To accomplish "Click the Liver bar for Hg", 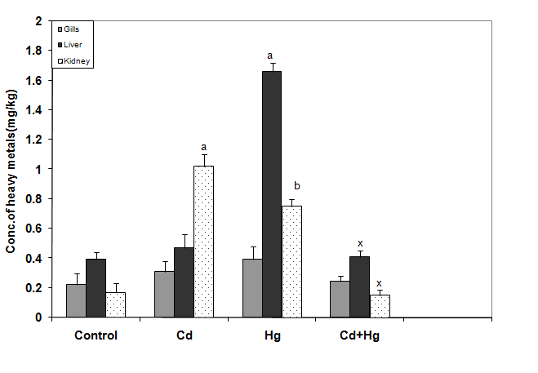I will click(x=272, y=194).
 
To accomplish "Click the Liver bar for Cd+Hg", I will click(x=359, y=286).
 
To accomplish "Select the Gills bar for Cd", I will click(x=164, y=294).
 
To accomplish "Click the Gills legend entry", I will click(x=76, y=28).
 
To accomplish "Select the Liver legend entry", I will click(x=76, y=44).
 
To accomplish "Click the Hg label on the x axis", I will click(x=272, y=335).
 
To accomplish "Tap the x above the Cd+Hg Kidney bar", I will click(x=379, y=282).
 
